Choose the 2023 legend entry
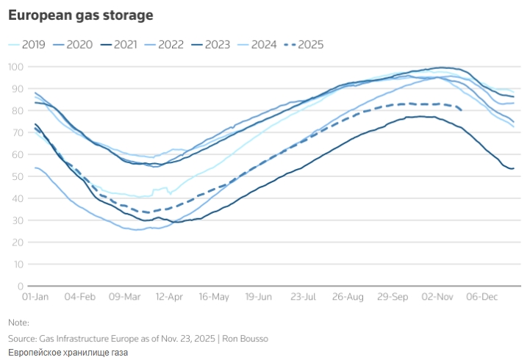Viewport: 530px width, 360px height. tap(216, 44)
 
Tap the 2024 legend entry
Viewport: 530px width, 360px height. tap(262, 44)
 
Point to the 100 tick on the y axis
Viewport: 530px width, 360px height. tap(16, 67)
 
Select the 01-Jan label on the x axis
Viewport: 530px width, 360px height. tap(35, 298)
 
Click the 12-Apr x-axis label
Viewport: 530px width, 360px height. tap(169, 298)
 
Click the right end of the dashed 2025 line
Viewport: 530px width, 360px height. tap(461, 109)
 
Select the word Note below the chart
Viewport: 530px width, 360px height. tap(18, 323)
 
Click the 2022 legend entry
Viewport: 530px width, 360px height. tap(171, 44)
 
